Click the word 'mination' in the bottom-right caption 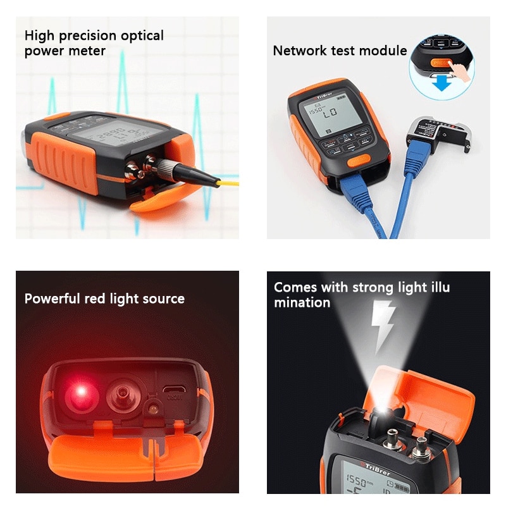coord(302,302)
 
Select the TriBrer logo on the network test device coord(326,98)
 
